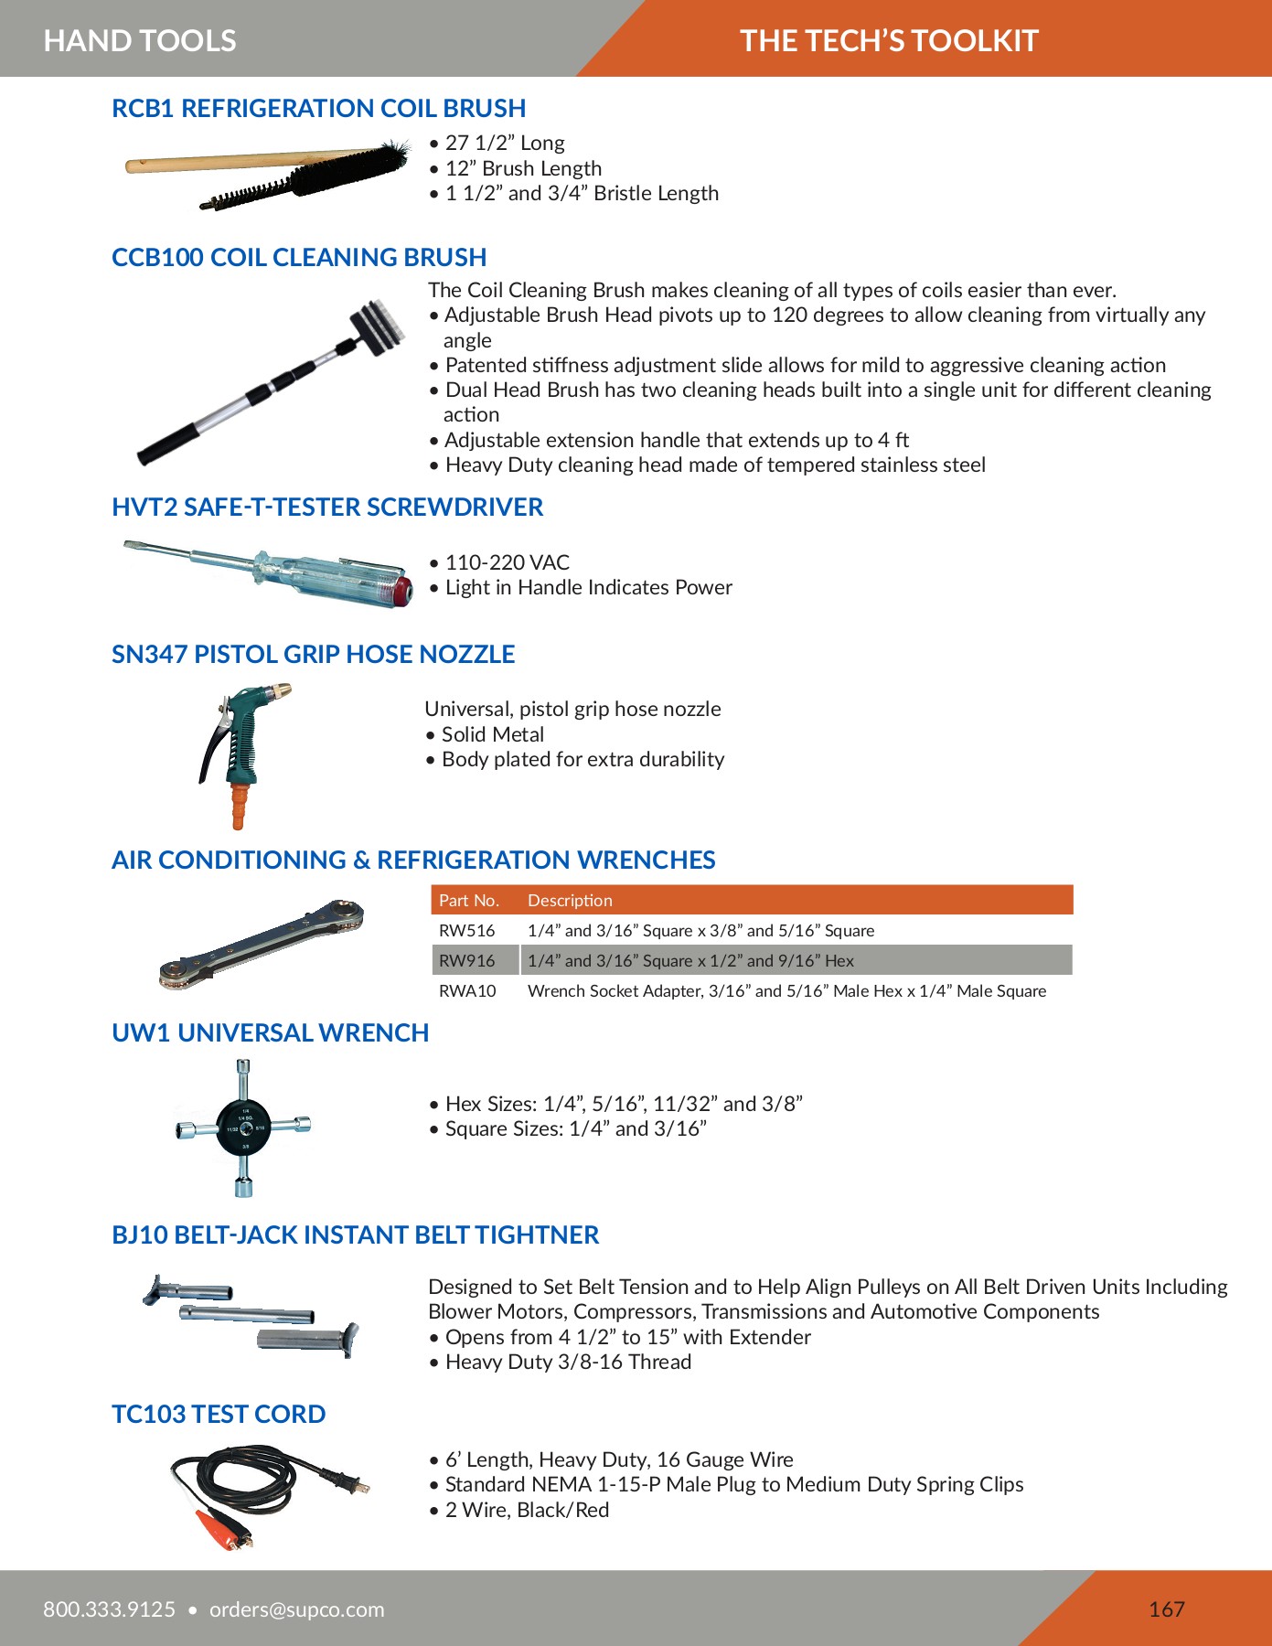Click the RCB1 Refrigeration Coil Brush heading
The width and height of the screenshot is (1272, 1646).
pos(318,109)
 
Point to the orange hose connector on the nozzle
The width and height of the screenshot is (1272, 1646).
pos(239,806)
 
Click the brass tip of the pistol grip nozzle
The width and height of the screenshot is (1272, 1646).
pos(283,689)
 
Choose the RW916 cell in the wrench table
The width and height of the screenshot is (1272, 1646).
pos(467,960)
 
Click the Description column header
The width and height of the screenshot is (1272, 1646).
pos(570,900)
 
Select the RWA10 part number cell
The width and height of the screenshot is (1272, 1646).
pos(467,990)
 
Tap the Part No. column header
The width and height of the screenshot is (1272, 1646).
pos(469,900)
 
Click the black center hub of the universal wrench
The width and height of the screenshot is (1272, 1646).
pos(243,1127)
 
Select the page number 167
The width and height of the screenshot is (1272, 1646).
pos(1166,1609)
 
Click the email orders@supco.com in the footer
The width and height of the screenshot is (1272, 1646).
pos(297,1609)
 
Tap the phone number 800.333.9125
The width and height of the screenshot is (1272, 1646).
pos(110,1609)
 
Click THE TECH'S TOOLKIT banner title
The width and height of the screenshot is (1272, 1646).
pos(889,40)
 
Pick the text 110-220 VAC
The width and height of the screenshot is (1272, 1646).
pos(507,562)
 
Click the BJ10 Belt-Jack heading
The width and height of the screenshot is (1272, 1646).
pos(355,1235)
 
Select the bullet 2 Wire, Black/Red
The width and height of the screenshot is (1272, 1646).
pos(527,1510)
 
